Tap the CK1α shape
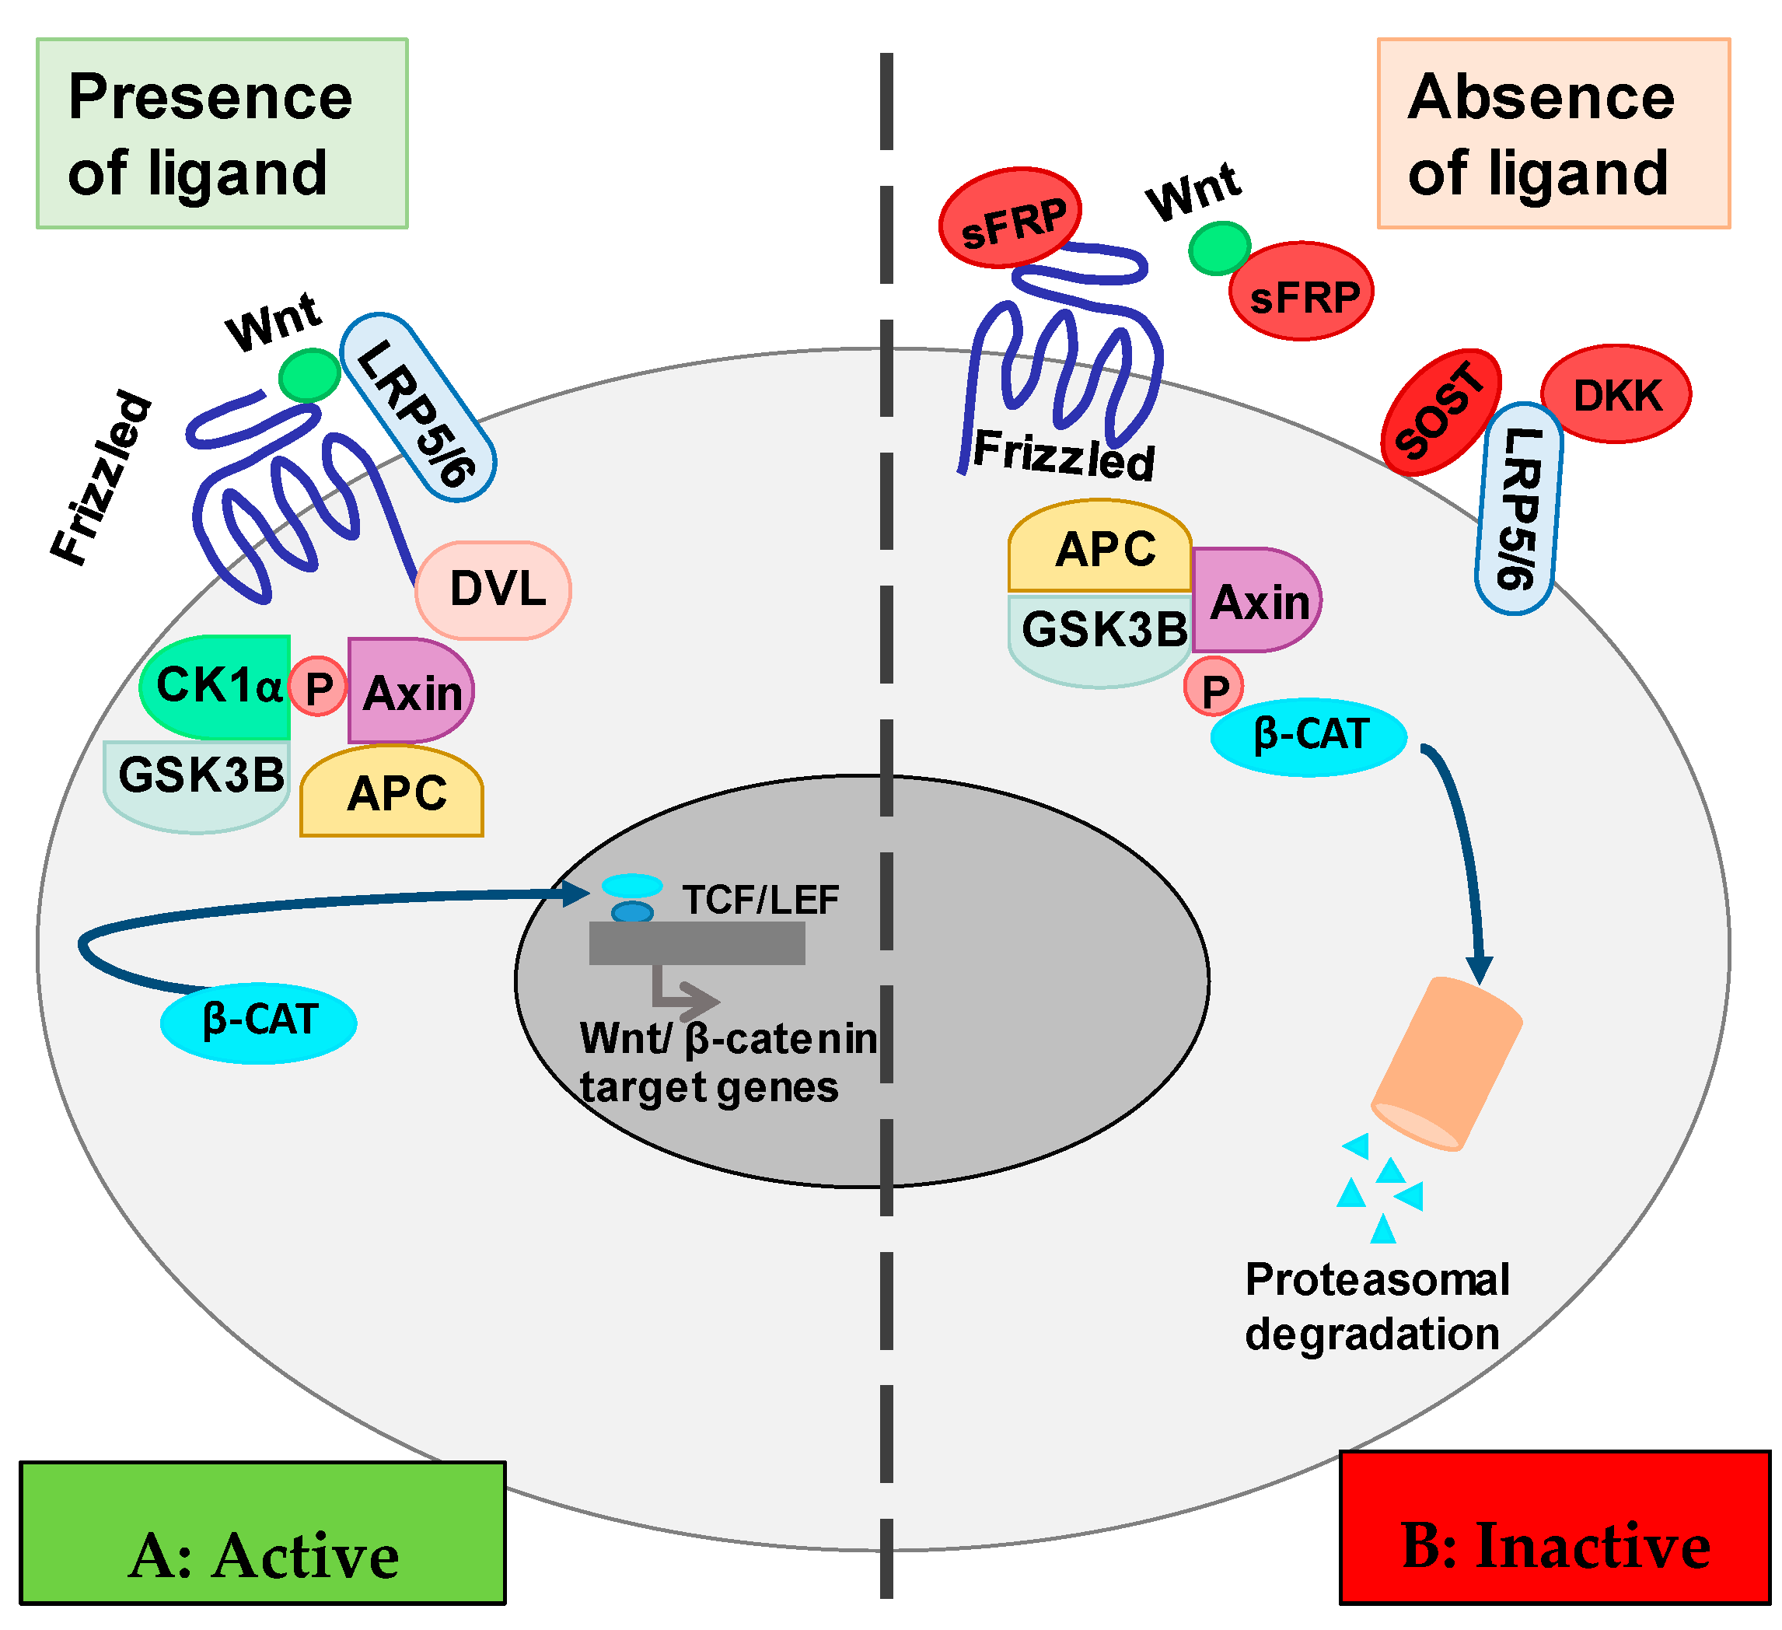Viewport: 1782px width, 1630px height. click(x=215, y=687)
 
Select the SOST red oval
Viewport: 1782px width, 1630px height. click(x=1441, y=411)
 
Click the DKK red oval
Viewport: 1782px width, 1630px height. click(x=1616, y=394)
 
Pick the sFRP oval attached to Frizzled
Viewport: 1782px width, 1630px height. click(x=1009, y=216)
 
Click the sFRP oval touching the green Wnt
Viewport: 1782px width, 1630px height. click(x=1302, y=292)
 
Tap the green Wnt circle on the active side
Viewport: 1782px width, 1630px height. click(x=309, y=375)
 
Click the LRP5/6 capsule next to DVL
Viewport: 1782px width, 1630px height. click(x=418, y=407)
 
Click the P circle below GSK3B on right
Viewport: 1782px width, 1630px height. click(x=1214, y=687)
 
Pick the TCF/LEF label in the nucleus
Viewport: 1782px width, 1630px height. click(x=760, y=900)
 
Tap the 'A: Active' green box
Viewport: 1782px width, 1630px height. click(x=263, y=1531)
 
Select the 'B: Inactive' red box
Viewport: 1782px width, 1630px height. click(x=1556, y=1526)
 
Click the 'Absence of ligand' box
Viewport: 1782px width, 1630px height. click(x=1553, y=134)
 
